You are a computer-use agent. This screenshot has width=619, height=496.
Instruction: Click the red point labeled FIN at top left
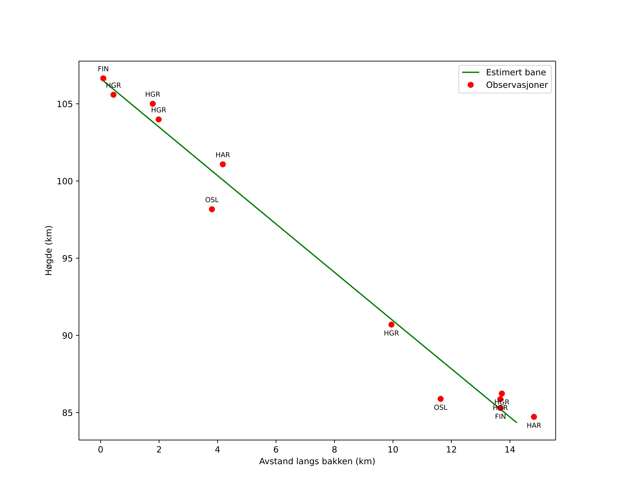(x=103, y=78)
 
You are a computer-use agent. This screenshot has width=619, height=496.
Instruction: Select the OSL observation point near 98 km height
(x=212, y=209)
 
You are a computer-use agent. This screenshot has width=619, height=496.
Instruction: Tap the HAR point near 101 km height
(x=223, y=164)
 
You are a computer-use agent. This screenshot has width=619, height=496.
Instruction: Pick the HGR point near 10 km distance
(x=391, y=325)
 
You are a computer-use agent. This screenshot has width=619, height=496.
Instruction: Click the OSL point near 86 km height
(x=441, y=399)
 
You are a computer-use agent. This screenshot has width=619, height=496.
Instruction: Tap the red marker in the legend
(x=471, y=85)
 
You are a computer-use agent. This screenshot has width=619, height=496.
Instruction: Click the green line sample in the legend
(x=471, y=72)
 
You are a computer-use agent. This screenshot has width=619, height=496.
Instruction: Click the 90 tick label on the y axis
(x=67, y=335)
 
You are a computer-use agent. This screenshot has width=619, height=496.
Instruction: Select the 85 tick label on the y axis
(x=67, y=413)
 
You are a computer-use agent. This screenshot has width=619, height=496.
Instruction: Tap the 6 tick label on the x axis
(x=276, y=449)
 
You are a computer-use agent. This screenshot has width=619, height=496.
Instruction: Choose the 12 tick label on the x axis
(x=451, y=449)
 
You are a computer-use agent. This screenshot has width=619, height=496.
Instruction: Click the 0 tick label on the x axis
(x=100, y=449)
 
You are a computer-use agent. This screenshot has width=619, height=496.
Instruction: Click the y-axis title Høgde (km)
(x=49, y=251)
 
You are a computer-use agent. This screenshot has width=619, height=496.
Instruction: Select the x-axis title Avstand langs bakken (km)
(x=317, y=461)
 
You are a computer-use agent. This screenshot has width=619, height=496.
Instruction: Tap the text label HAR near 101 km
(x=223, y=155)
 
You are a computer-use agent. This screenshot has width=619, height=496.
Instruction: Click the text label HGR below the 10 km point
(x=391, y=333)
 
